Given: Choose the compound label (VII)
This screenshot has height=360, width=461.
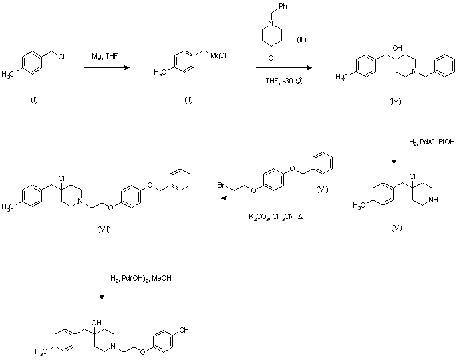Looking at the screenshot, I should pyautogui.click(x=103, y=229).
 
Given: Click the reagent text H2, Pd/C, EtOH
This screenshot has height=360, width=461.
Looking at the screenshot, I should pyautogui.click(x=430, y=142).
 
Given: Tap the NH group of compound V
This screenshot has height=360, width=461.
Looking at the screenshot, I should pyautogui.click(x=436, y=198).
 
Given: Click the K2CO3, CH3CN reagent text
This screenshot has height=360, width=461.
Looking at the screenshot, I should pyautogui.click(x=274, y=218).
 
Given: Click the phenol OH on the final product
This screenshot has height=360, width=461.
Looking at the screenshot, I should pyautogui.click(x=184, y=330).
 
